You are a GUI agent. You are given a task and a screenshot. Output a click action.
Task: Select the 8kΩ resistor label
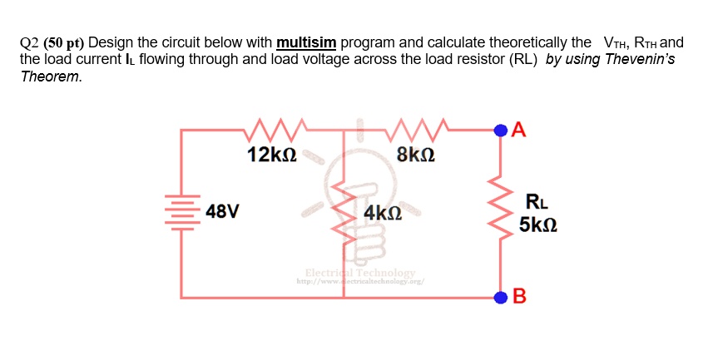[416, 155]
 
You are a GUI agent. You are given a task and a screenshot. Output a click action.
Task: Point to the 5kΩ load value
[537, 225]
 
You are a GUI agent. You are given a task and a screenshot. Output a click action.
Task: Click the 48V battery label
[222, 211]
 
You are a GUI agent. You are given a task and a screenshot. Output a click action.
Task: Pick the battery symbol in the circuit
[181, 212]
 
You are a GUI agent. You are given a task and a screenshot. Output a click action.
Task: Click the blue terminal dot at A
[500, 129]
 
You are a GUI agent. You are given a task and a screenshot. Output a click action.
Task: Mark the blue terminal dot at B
[500, 296]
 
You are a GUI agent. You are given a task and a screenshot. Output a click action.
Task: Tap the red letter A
[520, 128]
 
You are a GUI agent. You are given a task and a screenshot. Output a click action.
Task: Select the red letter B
[520, 297]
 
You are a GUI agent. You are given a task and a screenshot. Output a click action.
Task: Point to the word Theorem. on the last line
[52, 76]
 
